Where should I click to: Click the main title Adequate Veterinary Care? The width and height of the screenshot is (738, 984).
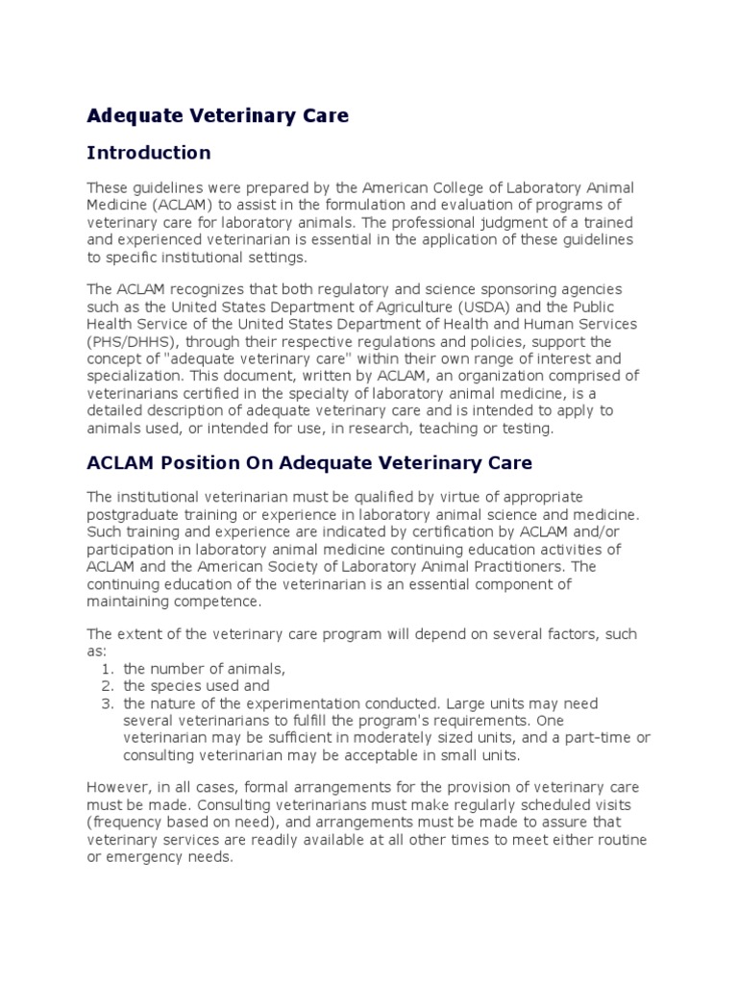coord(218,116)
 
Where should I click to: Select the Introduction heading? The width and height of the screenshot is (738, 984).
coord(149,153)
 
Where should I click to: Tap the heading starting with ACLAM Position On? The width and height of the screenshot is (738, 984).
coord(309,462)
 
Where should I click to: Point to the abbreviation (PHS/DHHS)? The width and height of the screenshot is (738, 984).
coord(128,341)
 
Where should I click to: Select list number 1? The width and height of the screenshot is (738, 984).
coord(107,669)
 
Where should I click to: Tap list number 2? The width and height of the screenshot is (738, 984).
coord(107,686)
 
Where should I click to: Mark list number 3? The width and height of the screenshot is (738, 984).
coord(107,703)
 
